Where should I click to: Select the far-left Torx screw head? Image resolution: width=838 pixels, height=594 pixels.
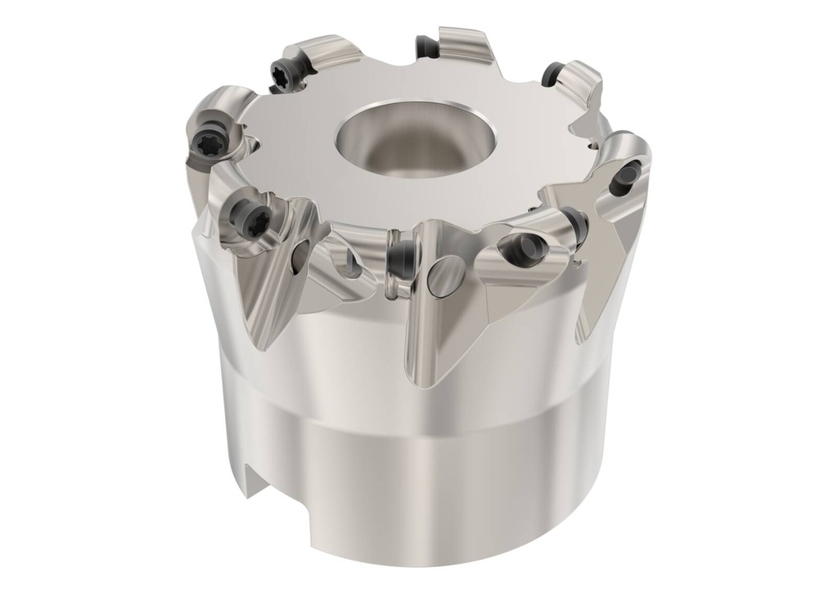(206, 146)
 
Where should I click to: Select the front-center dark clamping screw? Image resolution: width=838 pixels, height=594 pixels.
(402, 259)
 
